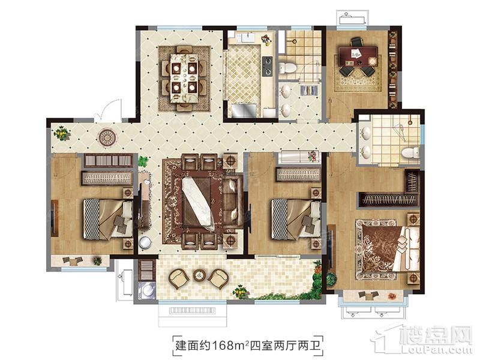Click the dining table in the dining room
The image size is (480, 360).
[184, 78]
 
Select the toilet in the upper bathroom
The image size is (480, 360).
[288, 67]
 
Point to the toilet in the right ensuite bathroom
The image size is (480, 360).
[410, 152]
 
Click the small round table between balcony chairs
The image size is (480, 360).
[200, 275]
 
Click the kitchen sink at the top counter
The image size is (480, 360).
[247, 38]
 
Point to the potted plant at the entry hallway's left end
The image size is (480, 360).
[62, 133]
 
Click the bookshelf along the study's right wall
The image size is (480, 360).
[393, 70]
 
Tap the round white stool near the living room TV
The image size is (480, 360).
[145, 242]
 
